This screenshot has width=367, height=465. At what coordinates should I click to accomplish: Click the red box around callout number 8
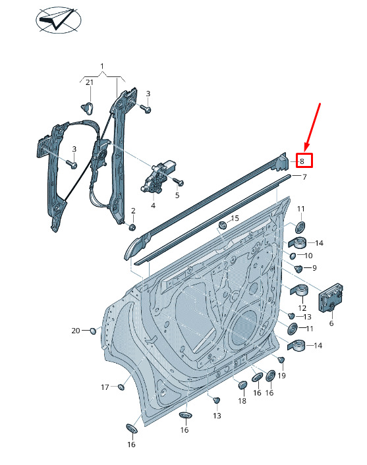[304, 161]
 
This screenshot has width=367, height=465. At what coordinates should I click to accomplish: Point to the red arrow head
[307, 147]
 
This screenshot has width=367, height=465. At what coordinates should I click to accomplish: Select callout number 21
[90, 82]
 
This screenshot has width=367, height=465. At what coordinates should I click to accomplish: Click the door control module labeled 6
[331, 298]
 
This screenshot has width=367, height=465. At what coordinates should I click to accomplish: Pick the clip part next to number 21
[87, 108]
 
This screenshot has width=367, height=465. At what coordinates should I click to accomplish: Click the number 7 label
[304, 177]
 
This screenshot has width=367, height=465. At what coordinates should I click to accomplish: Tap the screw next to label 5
[179, 181]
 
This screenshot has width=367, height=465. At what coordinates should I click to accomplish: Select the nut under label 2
[132, 227]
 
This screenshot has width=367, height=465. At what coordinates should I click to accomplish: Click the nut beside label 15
[222, 225]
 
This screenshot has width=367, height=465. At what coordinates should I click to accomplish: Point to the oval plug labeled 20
[93, 331]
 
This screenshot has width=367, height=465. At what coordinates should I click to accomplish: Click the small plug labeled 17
[121, 387]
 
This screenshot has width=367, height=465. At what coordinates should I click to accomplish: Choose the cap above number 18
[243, 385]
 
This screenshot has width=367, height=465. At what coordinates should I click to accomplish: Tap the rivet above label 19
[281, 360]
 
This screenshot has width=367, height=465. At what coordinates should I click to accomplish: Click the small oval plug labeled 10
[293, 256]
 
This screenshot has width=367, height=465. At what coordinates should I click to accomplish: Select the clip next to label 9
[298, 269]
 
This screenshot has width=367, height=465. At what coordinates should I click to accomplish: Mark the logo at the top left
[59, 20]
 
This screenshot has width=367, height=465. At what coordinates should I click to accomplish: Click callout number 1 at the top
[102, 66]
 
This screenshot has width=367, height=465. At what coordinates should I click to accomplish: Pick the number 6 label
[331, 323]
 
